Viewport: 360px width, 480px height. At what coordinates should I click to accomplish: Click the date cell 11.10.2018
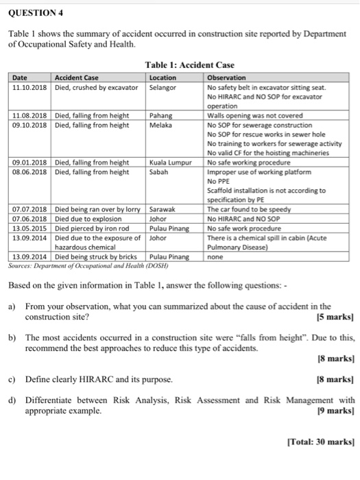[29, 88]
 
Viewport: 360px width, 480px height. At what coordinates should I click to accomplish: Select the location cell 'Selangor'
[164, 88]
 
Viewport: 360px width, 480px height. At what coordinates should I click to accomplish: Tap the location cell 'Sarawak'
[165, 209]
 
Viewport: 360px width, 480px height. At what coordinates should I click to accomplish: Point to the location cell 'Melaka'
[162, 125]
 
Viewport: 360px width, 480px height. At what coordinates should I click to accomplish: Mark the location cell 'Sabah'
[160, 172]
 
